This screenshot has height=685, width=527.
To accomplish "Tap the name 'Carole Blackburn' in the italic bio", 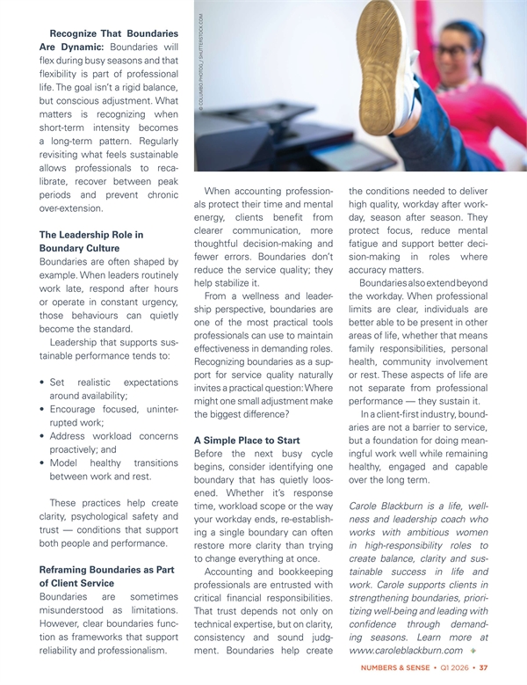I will [x=389, y=506].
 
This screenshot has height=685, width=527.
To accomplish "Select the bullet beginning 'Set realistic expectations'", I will [x=98, y=389].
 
